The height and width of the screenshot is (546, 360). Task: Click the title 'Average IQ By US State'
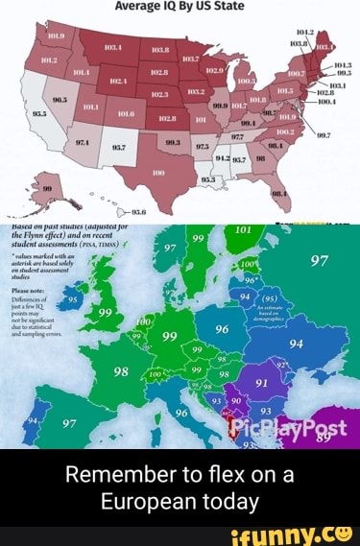[180, 6]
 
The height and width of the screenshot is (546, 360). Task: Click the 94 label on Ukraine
[294, 344]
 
